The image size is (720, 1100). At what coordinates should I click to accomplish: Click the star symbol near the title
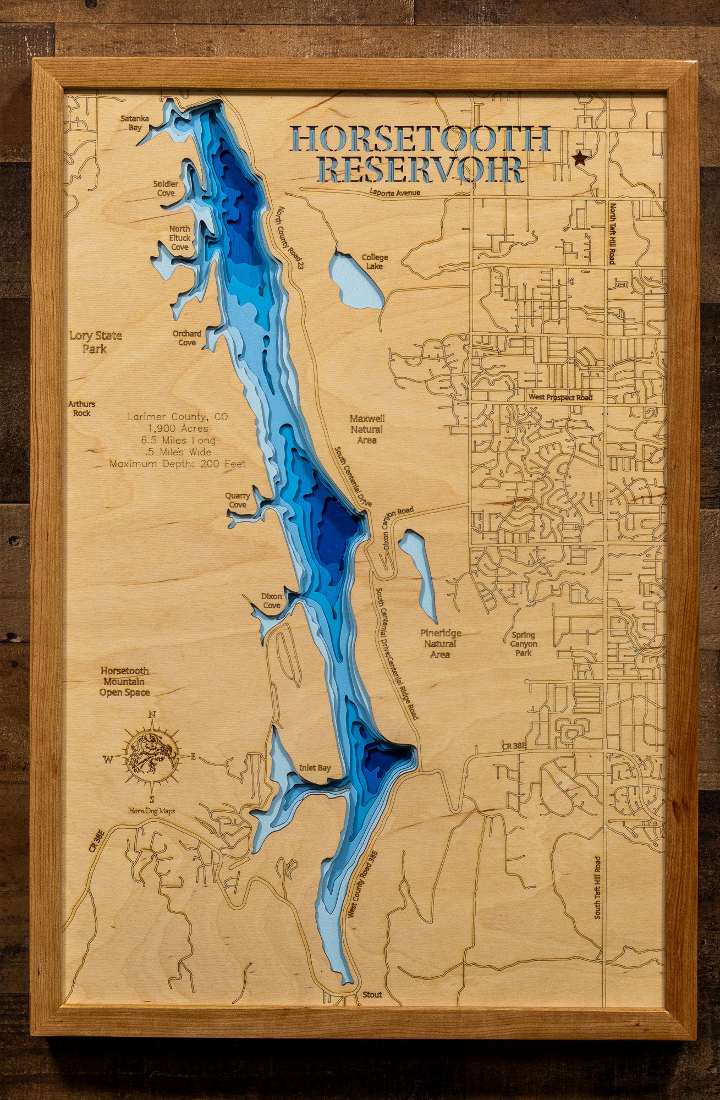point(579,158)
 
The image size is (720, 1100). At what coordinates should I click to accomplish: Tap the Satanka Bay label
point(131,123)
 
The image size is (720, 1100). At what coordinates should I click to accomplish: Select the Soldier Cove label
point(166,188)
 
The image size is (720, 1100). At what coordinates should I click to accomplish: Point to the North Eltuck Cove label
point(179,238)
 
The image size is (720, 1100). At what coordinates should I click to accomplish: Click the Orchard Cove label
point(187,338)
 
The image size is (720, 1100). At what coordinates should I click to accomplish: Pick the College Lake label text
point(375,261)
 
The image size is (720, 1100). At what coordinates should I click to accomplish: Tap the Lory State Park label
point(96,342)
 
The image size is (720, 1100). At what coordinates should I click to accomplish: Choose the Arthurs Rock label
point(81,408)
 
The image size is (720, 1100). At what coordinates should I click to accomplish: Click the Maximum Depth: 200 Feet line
point(178,464)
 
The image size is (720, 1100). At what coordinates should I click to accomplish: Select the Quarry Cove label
point(238,500)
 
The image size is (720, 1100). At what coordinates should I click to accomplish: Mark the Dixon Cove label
point(271,601)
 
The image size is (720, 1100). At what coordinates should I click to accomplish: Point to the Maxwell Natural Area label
point(367,429)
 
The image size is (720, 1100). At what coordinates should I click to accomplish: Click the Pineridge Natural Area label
point(440,643)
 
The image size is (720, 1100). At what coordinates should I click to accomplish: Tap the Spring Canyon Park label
point(523,643)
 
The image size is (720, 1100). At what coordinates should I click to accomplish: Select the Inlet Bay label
point(315,768)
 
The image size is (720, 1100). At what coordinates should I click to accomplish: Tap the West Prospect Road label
point(560,397)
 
